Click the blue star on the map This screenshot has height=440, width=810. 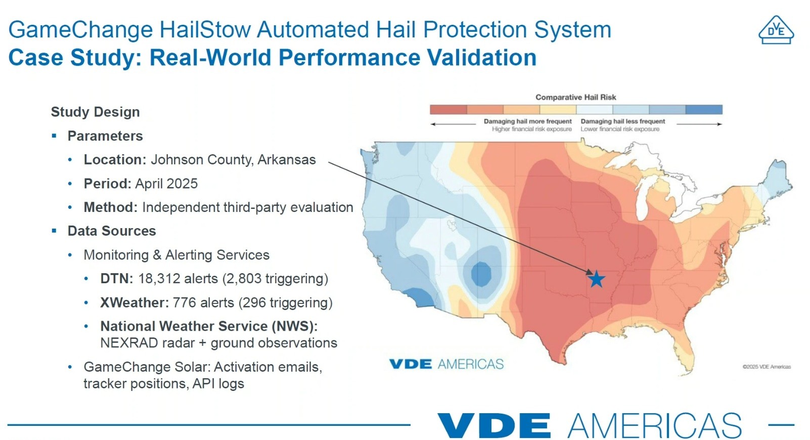tap(596, 279)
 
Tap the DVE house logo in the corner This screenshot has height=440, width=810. tap(776, 30)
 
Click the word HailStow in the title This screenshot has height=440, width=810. tap(205, 29)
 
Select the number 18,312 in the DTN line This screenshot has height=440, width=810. tap(159, 279)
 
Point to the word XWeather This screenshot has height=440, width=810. tap(134, 302)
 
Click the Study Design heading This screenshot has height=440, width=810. tap(95, 112)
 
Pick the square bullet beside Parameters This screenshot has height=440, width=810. tap(54, 136)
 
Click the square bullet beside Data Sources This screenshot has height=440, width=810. tap(54, 231)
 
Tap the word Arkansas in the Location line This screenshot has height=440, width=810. tap(286, 160)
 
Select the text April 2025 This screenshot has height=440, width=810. tap(166, 184)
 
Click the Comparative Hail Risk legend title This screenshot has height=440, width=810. tap(576, 97)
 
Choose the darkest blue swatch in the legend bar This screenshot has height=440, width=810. tap(704, 109)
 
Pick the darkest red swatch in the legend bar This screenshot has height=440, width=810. tap(448, 109)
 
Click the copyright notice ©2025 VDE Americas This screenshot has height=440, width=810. tap(767, 367)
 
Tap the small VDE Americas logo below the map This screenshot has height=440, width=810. tap(446, 364)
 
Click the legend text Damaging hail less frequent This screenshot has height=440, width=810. tap(623, 121)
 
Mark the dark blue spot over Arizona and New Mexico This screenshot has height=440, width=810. tap(481, 274)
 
